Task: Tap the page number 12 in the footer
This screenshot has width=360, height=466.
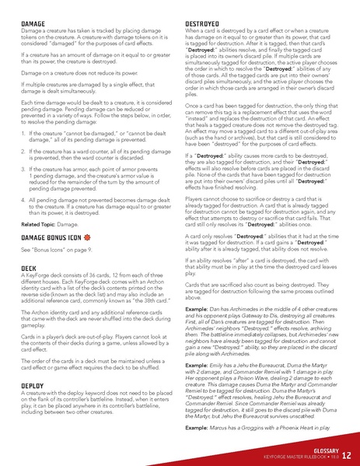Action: [344, 452]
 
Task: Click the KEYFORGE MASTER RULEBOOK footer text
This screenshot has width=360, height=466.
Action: [298, 456]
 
